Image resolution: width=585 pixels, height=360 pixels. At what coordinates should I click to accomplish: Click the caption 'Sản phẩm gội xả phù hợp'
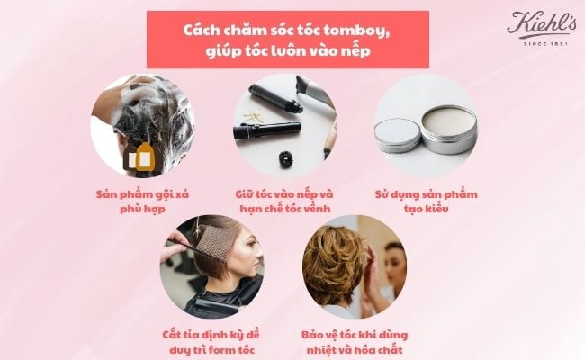tap(145, 201)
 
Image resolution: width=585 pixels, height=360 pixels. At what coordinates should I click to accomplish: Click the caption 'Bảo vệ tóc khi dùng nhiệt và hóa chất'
tap(355, 342)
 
